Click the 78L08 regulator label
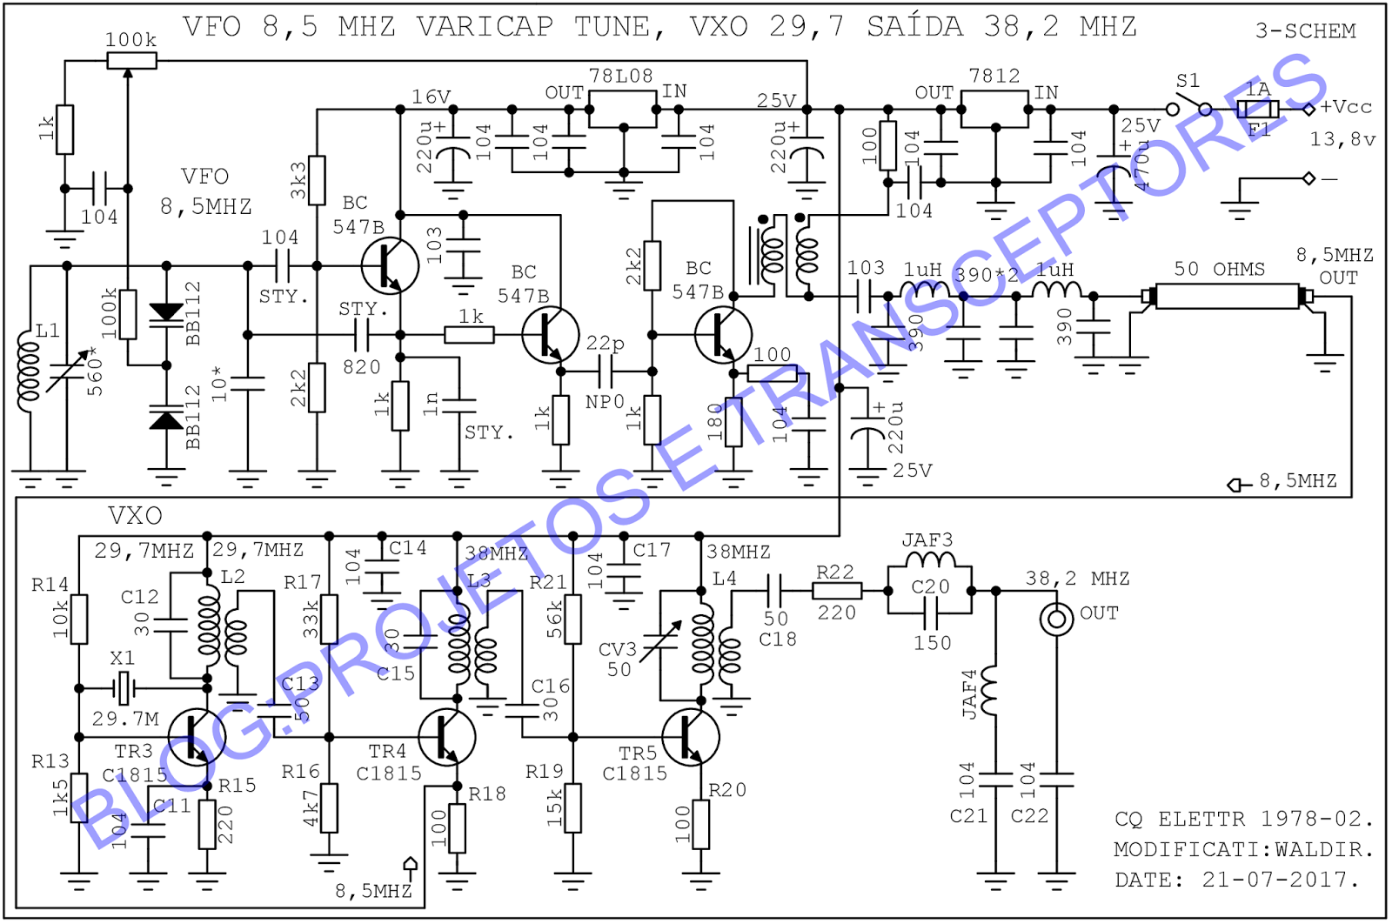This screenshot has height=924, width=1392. click(620, 77)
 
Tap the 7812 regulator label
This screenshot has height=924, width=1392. click(994, 77)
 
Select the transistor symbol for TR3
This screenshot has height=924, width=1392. click(197, 736)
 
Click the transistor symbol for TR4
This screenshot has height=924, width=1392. click(445, 736)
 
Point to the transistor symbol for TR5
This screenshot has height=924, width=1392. click(690, 736)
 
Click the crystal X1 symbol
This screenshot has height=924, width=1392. click(124, 688)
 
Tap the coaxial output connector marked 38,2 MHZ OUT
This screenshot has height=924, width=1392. click(1056, 619)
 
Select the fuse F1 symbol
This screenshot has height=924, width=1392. click(1258, 110)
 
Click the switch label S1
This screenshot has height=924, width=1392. click(1188, 82)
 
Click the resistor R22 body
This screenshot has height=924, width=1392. click(837, 591)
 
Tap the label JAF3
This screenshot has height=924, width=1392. click(927, 540)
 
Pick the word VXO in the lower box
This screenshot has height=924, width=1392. click(135, 516)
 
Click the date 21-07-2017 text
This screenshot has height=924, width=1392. click(1279, 880)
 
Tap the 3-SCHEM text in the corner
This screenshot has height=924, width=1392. click(1305, 31)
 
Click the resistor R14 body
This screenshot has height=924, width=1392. click(79, 619)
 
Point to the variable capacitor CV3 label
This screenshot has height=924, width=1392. click(618, 650)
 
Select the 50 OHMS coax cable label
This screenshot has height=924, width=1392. click(1219, 269)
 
